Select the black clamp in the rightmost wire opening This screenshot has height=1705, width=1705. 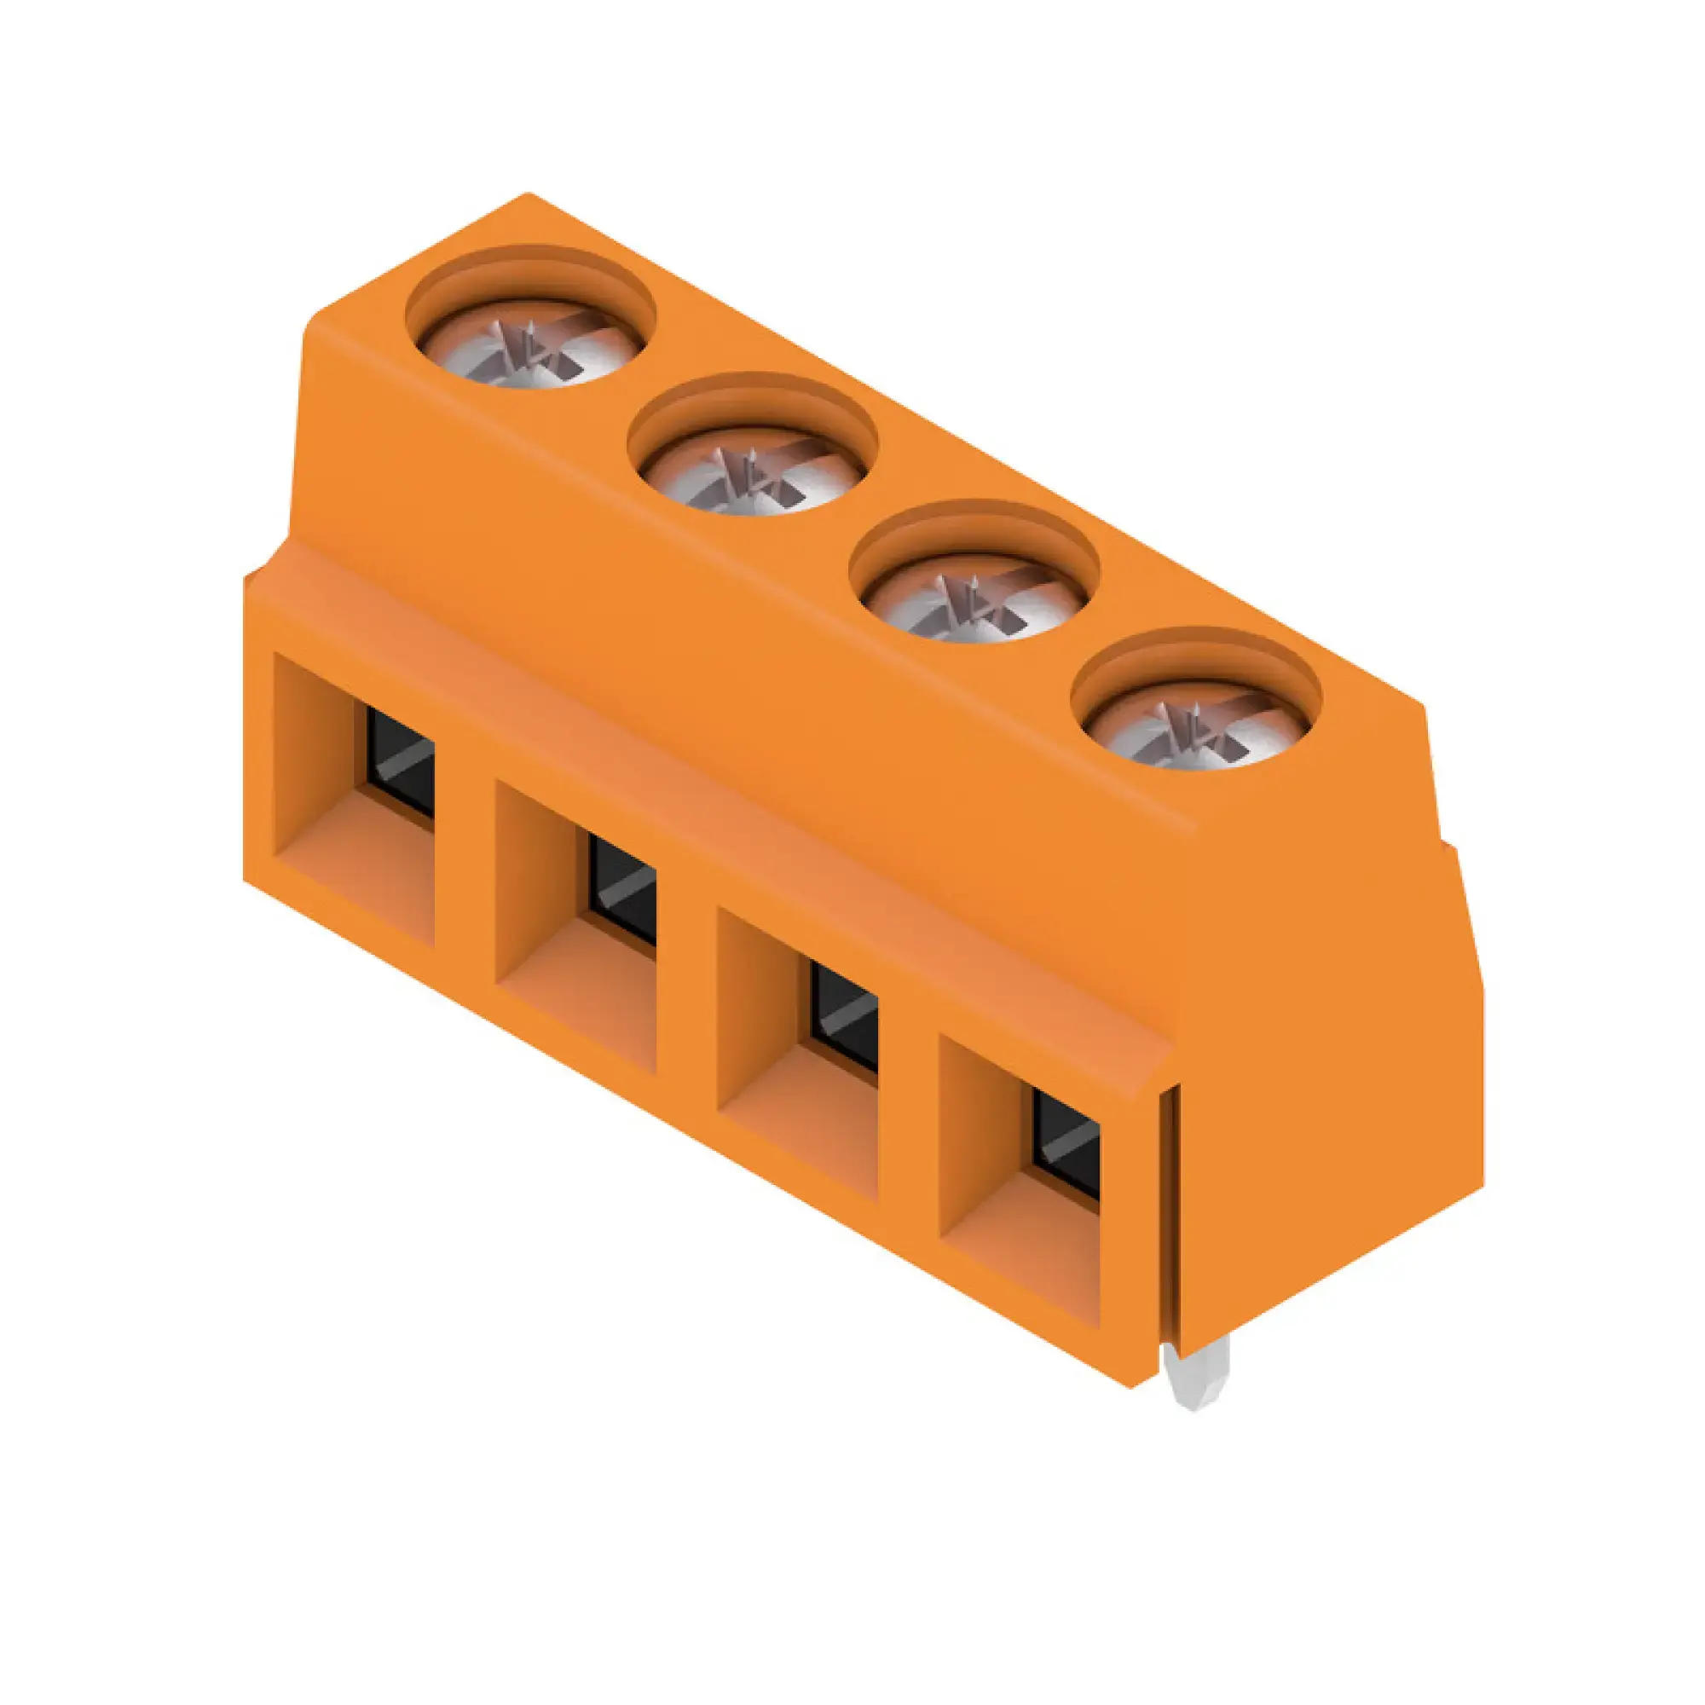tap(1067, 1145)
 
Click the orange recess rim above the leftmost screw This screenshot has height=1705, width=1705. tap(529, 267)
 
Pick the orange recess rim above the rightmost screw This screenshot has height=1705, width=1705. tap(1196, 649)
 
